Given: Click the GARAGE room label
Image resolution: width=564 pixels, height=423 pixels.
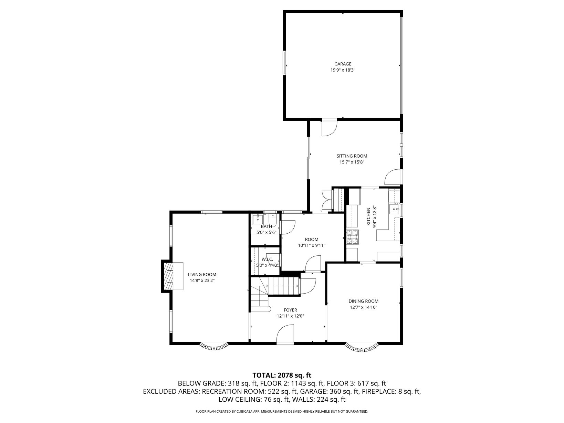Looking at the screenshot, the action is coord(343,64).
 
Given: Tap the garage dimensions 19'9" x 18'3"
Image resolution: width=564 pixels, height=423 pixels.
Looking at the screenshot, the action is coord(343,70).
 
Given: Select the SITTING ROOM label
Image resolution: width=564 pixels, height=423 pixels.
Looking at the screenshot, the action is coord(352,156).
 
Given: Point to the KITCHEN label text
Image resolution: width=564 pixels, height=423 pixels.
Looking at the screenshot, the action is coord(368,217).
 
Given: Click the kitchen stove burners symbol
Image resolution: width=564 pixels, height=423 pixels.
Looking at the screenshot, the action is coord(352,237).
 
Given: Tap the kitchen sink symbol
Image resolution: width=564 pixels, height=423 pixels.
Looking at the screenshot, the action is coord(394,209).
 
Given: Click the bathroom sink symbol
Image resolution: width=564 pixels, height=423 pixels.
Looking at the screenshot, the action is coord(258,220).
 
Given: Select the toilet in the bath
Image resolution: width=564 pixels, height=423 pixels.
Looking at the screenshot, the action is coord(272,221).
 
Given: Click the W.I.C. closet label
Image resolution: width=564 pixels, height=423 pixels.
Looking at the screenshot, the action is coord(267,259).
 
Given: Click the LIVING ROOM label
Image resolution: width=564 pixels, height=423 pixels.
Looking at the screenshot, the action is coord(202,275).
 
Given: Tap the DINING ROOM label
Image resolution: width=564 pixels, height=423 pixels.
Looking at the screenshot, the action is coord(363,301).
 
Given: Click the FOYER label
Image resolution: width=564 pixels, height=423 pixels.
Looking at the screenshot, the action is coord(290,310).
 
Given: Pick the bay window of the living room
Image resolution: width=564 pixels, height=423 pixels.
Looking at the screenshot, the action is coord(214,347).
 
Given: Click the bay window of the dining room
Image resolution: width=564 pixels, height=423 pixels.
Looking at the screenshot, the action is coord(362,347).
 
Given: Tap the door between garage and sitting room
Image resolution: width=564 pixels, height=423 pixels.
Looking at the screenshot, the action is coord(330,127).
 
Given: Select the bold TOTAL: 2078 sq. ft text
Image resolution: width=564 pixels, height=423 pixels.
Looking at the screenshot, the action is coord(282,375).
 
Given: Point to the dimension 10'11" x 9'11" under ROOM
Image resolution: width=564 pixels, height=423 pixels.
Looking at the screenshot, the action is coord(312,245).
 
